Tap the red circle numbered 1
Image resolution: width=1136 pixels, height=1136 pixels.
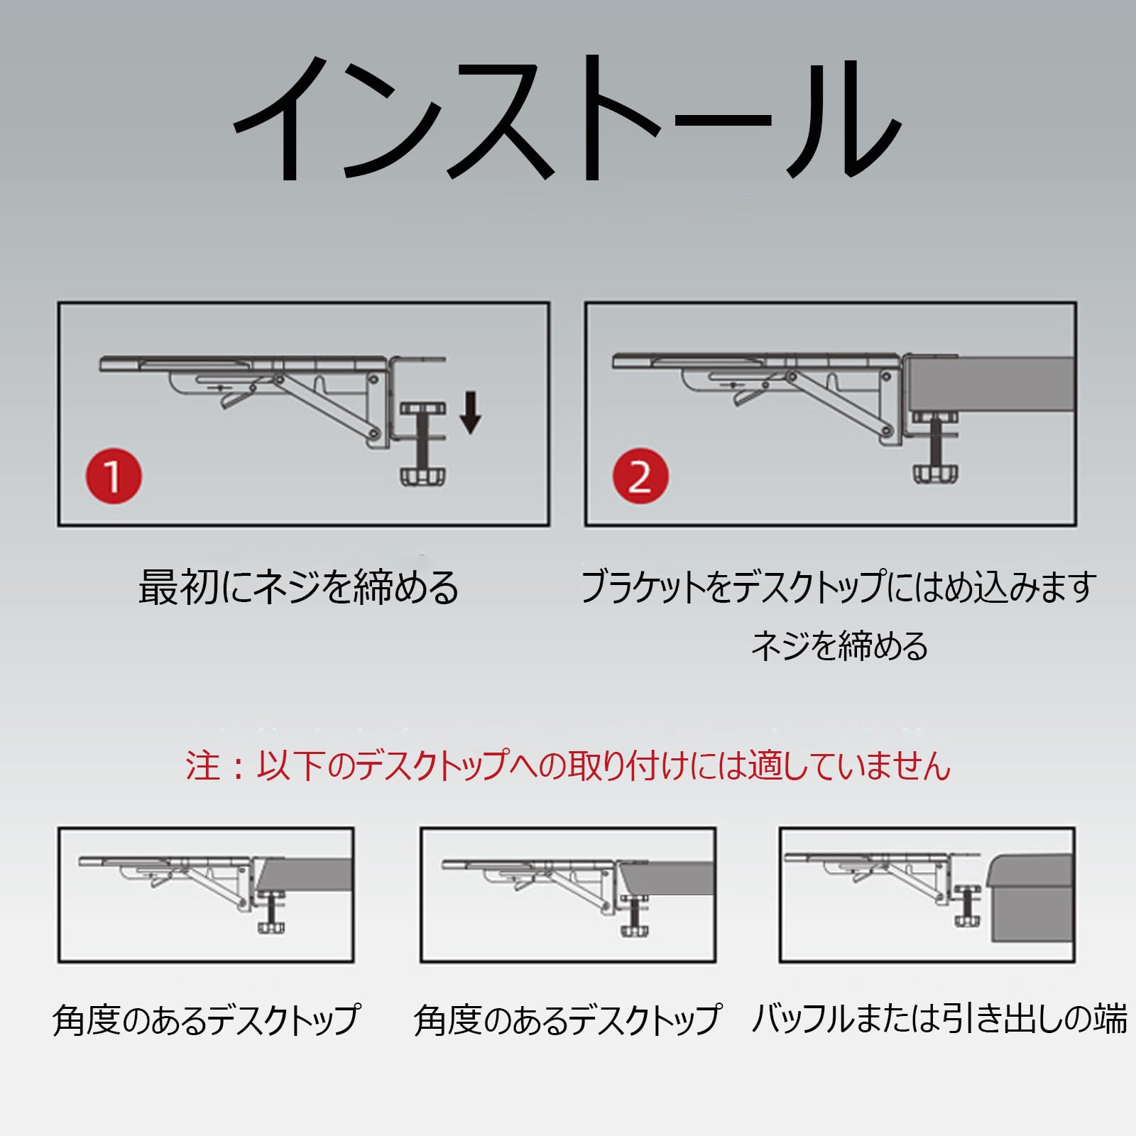click(114, 476)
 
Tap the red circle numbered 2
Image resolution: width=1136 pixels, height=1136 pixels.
click(640, 476)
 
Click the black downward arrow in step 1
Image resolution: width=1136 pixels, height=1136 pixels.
click(470, 413)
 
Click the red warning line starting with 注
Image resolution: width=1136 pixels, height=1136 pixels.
click(568, 766)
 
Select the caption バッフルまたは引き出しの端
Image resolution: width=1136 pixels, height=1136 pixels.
click(939, 1019)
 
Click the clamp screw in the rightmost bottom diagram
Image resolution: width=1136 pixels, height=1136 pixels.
click(967, 905)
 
